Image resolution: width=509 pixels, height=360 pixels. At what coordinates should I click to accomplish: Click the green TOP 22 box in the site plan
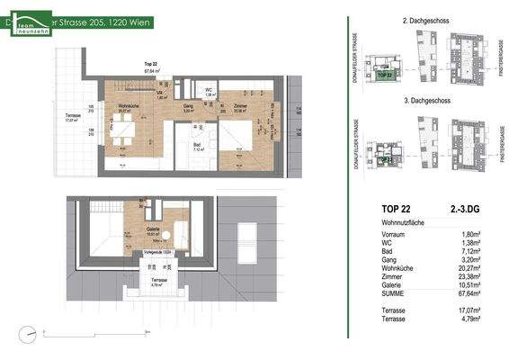coord(386,76)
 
